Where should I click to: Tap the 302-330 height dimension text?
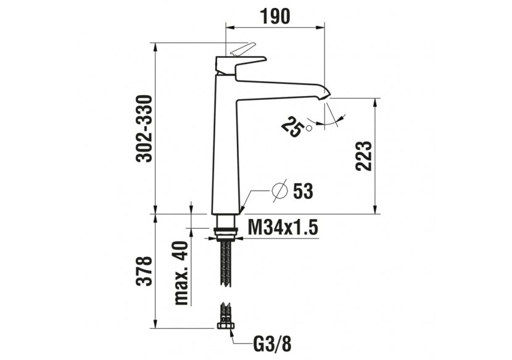pos(144,128)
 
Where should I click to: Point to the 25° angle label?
pos(292,126)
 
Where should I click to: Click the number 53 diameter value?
pos(303,192)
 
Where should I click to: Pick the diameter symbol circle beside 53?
pos(279,191)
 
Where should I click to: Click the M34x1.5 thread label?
pos(283,229)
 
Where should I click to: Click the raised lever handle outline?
pos(241,49)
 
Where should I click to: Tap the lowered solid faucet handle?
pos(244,62)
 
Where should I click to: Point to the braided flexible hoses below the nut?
pos(226,262)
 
